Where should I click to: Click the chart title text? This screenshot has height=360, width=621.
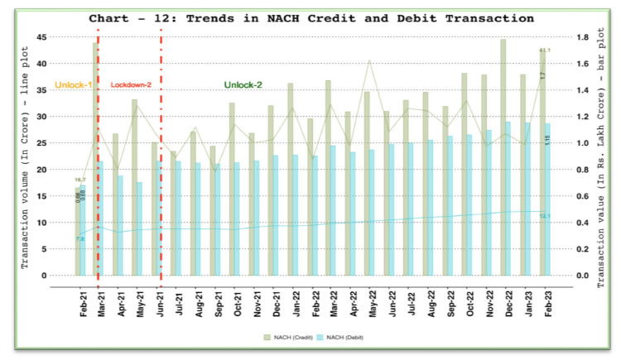point(310,17)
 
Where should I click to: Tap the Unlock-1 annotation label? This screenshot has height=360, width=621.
point(73,85)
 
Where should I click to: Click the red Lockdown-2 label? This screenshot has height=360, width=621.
point(130,85)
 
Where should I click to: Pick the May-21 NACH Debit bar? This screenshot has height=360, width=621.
point(140,228)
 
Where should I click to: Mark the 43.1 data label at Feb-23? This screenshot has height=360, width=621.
point(545,50)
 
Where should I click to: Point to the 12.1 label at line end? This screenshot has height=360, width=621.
point(545,217)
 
